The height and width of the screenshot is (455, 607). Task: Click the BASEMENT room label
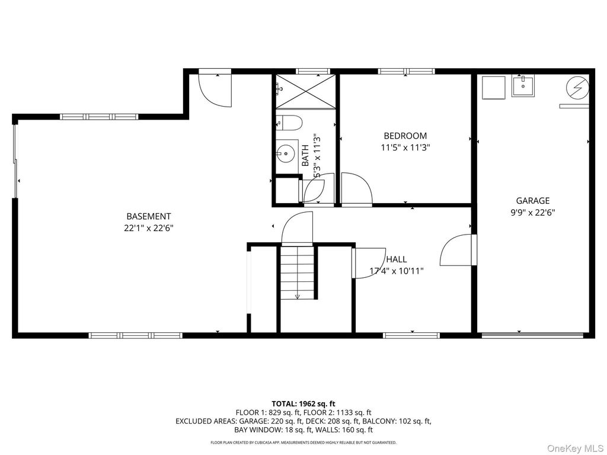coord(149,216)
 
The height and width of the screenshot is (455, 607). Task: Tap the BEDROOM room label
coord(405,136)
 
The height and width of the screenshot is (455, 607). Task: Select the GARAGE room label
coord(533,200)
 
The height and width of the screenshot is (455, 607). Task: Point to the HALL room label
coord(397,259)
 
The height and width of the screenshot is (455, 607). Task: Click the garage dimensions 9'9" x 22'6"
coord(533,213)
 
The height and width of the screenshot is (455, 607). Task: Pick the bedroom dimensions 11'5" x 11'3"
coord(405,148)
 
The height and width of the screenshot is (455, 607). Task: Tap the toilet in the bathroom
coord(289,123)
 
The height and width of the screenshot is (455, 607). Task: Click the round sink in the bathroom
coord(285,153)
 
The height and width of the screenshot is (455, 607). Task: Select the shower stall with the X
coord(306,92)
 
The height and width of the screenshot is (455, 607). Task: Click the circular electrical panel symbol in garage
coord(577,88)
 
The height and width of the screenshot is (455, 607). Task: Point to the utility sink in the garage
coord(523,86)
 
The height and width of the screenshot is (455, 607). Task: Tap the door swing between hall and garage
coord(457,250)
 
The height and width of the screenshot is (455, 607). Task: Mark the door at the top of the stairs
coord(297,228)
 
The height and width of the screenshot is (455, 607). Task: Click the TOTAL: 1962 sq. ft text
coord(303,404)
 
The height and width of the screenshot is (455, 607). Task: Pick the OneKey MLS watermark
coord(574,448)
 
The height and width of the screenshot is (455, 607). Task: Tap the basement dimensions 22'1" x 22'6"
coord(149,228)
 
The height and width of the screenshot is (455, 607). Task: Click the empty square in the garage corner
coord(494,88)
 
